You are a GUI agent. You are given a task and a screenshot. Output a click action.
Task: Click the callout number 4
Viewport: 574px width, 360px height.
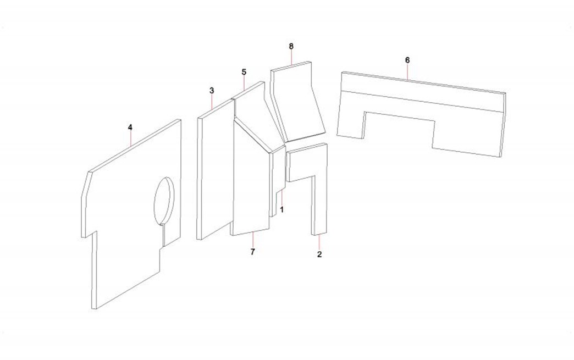coord(130,128)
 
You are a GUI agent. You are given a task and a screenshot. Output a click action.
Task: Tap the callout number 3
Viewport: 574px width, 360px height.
coord(212,90)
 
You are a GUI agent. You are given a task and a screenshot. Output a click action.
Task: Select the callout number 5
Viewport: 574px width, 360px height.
coord(244,72)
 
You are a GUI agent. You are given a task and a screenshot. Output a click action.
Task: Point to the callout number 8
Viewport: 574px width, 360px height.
coord(291,46)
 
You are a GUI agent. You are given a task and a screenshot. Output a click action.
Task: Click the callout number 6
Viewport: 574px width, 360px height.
coord(407,60)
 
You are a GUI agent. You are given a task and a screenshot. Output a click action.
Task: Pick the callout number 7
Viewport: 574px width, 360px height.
coord(252,252)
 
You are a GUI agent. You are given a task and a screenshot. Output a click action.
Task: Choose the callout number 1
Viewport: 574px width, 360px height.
coord(282,210)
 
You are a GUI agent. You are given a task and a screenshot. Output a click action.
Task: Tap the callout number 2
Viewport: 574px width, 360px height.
coord(319,254)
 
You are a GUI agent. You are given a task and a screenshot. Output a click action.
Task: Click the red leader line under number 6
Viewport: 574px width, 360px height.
coord(407,71)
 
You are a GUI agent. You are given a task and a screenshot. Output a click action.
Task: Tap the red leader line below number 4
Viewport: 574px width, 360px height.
coord(131,139)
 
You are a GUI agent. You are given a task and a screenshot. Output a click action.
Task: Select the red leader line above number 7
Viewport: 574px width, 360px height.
coord(253,239)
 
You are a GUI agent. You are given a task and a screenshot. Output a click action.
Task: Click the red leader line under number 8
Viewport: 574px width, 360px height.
coord(291,58)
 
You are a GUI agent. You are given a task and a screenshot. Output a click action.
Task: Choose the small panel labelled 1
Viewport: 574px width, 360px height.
coord(278,179)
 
